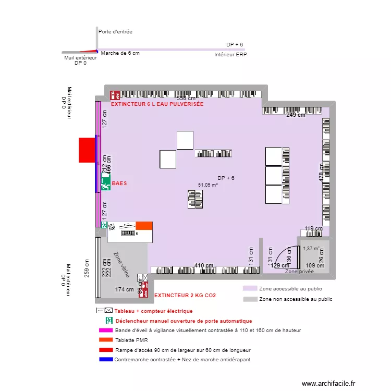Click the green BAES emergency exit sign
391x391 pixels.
click(x=106, y=184)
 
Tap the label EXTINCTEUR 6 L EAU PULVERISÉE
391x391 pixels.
click(x=157, y=104)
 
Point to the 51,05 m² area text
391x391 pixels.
click(x=207, y=185)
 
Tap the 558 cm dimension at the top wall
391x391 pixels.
click(x=186, y=98)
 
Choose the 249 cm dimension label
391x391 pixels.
click(x=296, y=115)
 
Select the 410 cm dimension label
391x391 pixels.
click(x=204, y=266)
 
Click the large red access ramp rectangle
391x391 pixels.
click(x=87, y=150)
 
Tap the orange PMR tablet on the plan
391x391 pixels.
click(x=144, y=226)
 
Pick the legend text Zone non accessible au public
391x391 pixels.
click(x=296, y=299)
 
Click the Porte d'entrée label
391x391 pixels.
click(x=115, y=32)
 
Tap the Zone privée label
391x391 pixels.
click(x=299, y=272)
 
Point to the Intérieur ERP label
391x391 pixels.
click(x=230, y=54)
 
